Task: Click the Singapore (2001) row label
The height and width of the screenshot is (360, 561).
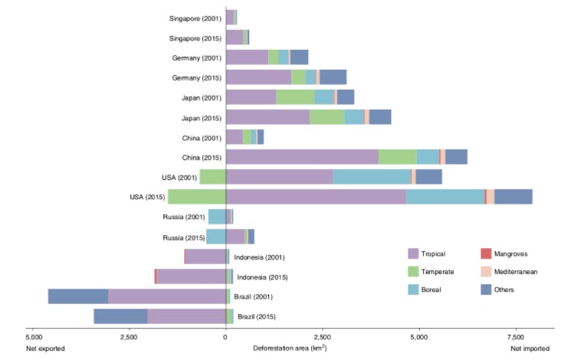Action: coord(195,18)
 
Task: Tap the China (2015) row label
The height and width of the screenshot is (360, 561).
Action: coord(201,157)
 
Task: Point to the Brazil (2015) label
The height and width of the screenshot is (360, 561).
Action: coord(257,316)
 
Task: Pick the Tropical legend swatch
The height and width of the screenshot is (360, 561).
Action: coord(414,254)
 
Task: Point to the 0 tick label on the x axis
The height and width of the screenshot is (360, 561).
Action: coord(225,336)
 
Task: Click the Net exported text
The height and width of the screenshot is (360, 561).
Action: coord(45,349)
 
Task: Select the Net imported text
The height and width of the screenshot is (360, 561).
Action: coord(532,349)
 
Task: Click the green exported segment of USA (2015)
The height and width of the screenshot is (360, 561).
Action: coord(196,197)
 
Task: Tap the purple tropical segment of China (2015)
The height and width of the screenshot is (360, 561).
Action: coord(302,157)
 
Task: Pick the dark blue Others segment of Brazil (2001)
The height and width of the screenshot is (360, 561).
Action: coord(78,296)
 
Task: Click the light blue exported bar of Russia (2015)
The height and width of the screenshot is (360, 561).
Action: coord(215,237)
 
